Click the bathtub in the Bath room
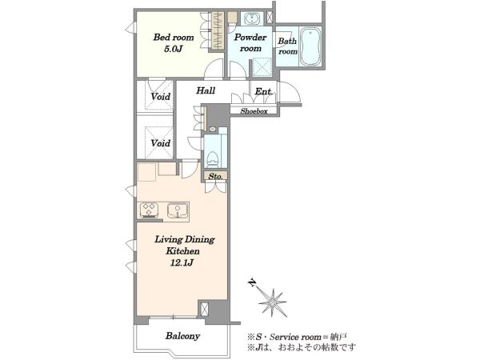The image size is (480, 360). point(310,46)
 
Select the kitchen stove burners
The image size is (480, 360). point(149,210)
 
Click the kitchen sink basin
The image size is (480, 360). point(178,210)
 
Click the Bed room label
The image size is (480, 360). point(174,38)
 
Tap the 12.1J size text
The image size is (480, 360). point(182,262)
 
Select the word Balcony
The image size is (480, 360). point(182,336)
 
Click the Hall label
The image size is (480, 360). point(206,90)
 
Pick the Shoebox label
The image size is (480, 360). point(254,111)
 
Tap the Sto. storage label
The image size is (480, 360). point(215,176)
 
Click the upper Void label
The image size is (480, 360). point(161,97)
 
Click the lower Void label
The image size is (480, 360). point(161,143)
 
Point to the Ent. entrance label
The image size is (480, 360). point(263,91)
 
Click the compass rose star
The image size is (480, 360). point(272,302)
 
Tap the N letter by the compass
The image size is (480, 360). point(252,283)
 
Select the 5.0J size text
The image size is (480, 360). point(174,49)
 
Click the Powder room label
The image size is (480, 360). point(250,42)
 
